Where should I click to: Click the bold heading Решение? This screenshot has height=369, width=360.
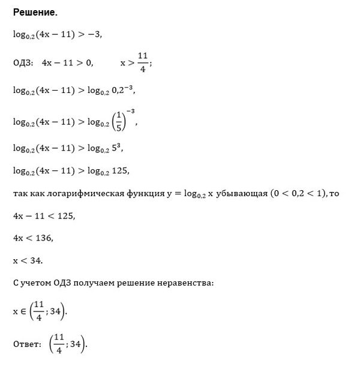click(35, 13)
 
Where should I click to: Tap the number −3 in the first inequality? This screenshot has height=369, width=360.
click(94, 34)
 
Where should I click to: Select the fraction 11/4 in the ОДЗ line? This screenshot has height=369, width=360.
click(142, 62)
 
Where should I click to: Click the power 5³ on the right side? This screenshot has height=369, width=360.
click(116, 148)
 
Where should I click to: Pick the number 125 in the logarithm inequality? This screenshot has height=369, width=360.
click(121, 172)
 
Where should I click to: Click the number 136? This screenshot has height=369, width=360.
click(43, 238)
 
